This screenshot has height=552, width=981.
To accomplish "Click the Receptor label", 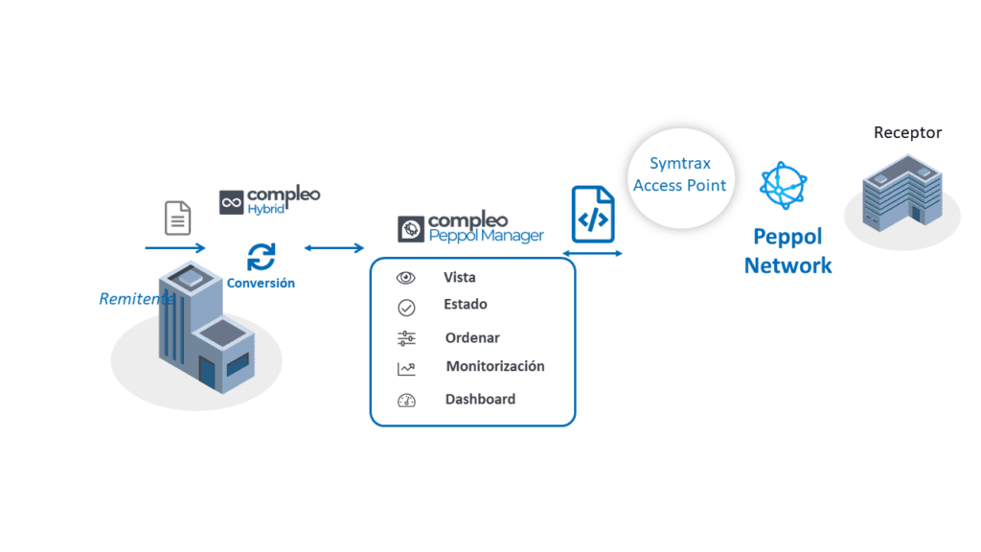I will (907, 132).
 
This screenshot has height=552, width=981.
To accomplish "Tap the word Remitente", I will (137, 299).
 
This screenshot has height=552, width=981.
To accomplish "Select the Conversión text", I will (261, 283).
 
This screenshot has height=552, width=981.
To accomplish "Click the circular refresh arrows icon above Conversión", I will (261, 257).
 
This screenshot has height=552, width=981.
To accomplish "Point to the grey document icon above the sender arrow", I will (177, 218).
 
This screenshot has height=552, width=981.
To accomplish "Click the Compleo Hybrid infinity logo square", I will (231, 201).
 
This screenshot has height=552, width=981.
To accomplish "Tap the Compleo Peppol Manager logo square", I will (411, 229).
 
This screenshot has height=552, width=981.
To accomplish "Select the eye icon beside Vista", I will (406, 278).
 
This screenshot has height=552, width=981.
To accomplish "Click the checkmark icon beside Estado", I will (406, 308).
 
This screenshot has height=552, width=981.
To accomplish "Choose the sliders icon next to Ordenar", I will (406, 338).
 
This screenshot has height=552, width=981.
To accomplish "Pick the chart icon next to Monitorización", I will (406, 369).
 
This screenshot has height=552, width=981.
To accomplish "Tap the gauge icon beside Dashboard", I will (406, 401).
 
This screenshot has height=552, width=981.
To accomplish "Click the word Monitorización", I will (494, 366).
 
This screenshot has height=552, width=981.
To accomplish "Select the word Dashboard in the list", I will (480, 399).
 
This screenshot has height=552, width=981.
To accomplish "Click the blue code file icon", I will (593, 215).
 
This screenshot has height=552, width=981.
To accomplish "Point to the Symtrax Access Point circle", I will (679, 174).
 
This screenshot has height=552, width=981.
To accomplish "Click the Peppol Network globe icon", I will (784, 185).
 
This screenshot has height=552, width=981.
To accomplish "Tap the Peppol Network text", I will (787, 251).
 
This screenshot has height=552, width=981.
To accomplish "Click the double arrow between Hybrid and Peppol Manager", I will (334, 248).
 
